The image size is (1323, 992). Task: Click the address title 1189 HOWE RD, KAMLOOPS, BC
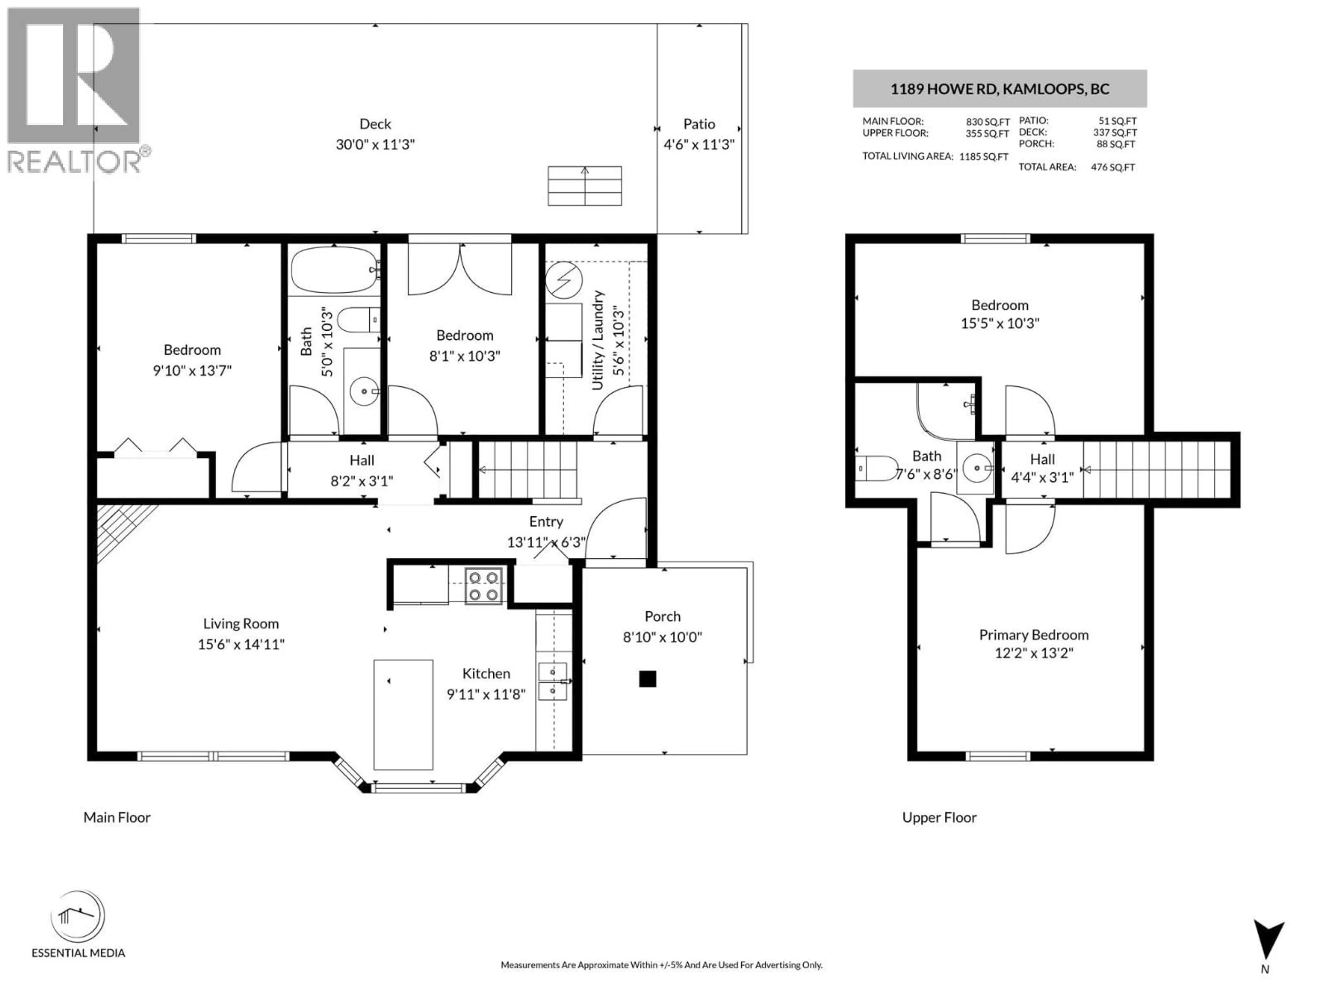coord(999,89)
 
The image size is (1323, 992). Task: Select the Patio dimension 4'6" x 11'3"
coord(699,145)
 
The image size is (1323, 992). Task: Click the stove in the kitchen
coord(483,586)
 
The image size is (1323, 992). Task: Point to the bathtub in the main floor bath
coord(334,270)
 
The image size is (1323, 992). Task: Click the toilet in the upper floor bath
coord(876,468)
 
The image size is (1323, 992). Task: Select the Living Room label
coord(240,624)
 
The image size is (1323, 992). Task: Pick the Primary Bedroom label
coord(1034,635)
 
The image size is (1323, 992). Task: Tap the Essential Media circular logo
coord(78,916)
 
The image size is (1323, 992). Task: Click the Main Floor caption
coord(117,817)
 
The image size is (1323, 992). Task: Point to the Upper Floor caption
coord(939,817)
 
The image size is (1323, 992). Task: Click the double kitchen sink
coord(553,682)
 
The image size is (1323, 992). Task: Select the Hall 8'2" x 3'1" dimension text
coord(361,481)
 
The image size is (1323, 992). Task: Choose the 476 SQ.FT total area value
coord(1112,167)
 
